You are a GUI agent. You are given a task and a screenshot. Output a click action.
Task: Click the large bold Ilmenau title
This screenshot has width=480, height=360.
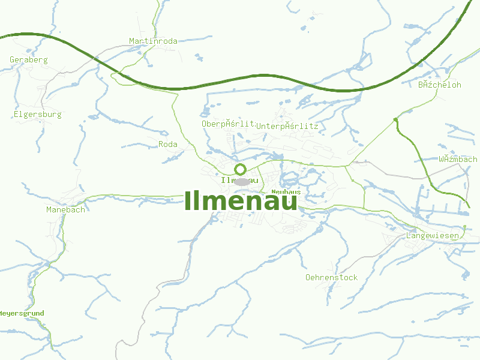(241, 200)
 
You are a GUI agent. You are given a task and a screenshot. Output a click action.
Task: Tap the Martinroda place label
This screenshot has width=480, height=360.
(153, 41)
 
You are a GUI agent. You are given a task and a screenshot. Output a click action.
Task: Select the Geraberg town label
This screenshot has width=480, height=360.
(29, 60)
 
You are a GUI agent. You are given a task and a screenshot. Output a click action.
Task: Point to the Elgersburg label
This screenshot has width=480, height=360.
(37, 114)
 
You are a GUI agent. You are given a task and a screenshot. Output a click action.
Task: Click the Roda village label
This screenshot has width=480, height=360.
(168, 145)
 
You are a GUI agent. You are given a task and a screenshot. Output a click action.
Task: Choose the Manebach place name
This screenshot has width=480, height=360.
(65, 209)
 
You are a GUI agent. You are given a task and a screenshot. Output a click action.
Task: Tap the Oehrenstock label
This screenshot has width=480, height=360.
(331, 278)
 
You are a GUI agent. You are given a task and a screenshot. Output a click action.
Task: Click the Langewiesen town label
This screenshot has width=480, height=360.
(433, 236)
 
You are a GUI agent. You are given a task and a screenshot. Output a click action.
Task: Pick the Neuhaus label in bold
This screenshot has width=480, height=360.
(286, 192)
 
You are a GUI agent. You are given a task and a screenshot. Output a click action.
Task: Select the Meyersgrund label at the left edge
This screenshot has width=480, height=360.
(22, 314)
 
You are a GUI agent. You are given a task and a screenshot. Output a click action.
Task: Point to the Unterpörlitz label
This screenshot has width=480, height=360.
(287, 127)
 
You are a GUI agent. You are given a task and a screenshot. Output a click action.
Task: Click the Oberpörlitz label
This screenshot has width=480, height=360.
(229, 124)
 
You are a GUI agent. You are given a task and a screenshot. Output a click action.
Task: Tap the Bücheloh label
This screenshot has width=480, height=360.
(440, 85)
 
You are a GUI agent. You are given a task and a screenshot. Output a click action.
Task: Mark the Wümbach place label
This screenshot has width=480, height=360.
(458, 160)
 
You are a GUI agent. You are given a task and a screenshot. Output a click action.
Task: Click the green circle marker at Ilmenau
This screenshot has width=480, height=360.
(241, 169)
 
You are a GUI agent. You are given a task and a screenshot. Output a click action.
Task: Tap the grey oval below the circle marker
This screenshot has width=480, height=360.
(242, 181)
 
